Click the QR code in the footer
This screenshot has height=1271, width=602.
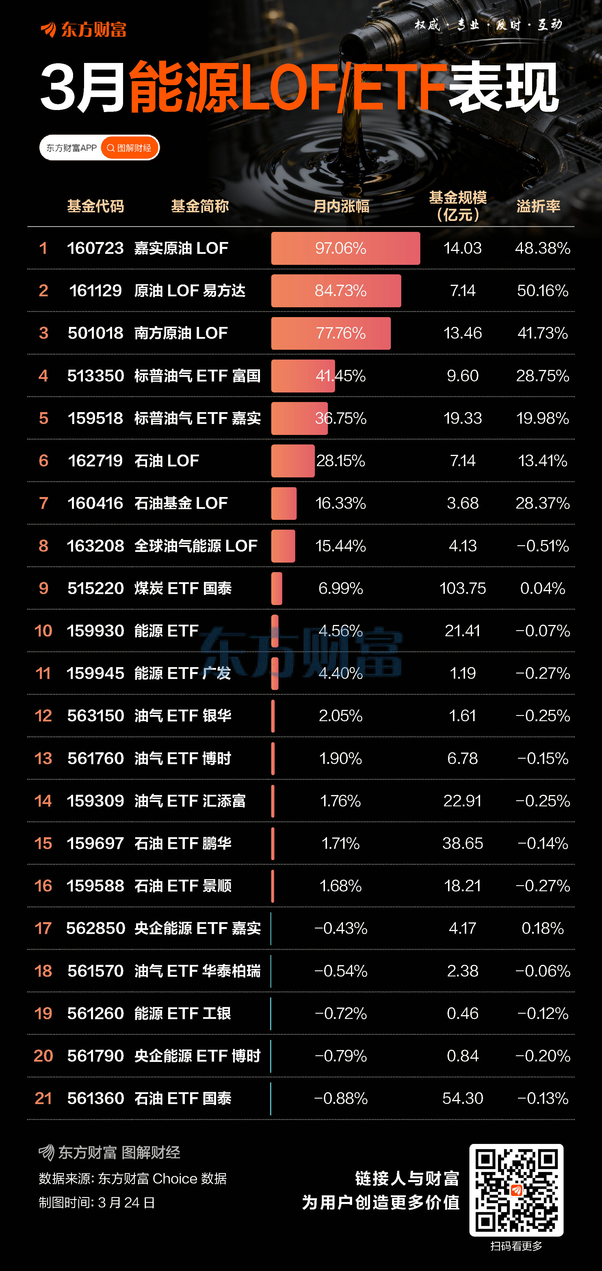516,1190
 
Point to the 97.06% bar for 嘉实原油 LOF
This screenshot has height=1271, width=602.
345,248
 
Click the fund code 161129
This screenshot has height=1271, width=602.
95,291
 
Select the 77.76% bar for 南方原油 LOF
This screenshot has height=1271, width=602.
330,333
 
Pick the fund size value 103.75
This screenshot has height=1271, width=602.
462,588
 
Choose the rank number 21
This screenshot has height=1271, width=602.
43,1098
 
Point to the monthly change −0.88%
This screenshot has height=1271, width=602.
341,1098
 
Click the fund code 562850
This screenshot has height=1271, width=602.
96,928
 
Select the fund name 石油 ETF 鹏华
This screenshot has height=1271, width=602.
183,843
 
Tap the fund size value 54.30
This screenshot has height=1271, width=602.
462,1098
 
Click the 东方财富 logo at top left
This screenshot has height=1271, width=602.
83,30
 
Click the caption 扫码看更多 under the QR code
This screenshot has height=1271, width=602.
516,1246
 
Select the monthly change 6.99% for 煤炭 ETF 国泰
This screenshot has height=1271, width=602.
341,588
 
